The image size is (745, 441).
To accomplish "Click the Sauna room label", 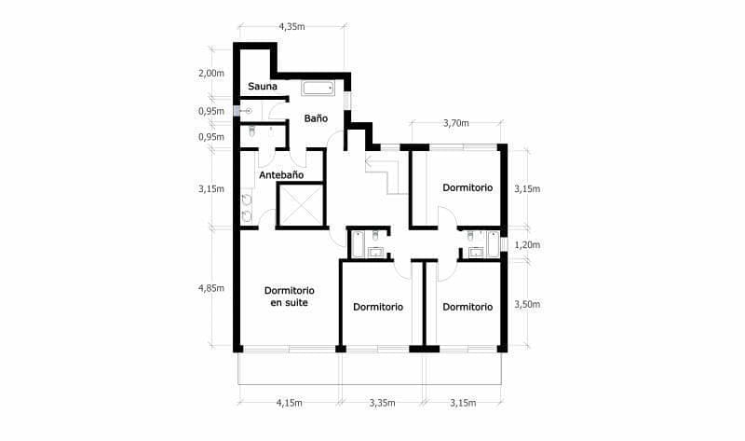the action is pyautogui.click(x=263, y=87).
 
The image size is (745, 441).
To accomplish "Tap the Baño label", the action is pyautogui.click(x=316, y=118).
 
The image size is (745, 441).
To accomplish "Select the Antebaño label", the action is pyautogui.click(x=281, y=175).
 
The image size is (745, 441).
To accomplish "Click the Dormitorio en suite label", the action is pyautogui.click(x=290, y=296).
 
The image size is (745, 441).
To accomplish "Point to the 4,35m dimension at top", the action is pyautogui.click(x=291, y=27).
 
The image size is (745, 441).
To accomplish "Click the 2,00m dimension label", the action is pyautogui.click(x=211, y=74).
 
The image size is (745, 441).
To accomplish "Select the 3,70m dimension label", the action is pyautogui.click(x=456, y=123).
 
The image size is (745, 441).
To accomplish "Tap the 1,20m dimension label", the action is pyautogui.click(x=527, y=245).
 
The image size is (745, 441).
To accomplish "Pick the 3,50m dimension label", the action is pyautogui.click(x=527, y=305).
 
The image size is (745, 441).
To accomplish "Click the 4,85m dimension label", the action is pyautogui.click(x=211, y=288).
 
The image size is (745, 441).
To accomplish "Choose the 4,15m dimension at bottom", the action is pyautogui.click(x=290, y=403).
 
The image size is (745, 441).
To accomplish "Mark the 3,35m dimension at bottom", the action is pyautogui.click(x=382, y=403).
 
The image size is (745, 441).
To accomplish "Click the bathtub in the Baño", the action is pyautogui.click(x=318, y=88).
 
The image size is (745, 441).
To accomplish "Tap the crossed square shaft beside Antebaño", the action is pyautogui.click(x=301, y=205).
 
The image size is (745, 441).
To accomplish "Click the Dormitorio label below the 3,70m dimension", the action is pyautogui.click(x=467, y=187).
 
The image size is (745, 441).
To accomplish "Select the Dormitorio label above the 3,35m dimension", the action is pyautogui.click(x=378, y=307).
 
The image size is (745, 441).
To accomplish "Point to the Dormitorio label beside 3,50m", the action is pyautogui.click(x=467, y=307).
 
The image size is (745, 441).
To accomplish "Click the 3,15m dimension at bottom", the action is pyautogui.click(x=463, y=403).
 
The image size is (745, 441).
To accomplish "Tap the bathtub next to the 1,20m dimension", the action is pyautogui.click(x=494, y=244).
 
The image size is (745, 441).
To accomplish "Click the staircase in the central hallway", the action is pyautogui.click(x=387, y=173).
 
